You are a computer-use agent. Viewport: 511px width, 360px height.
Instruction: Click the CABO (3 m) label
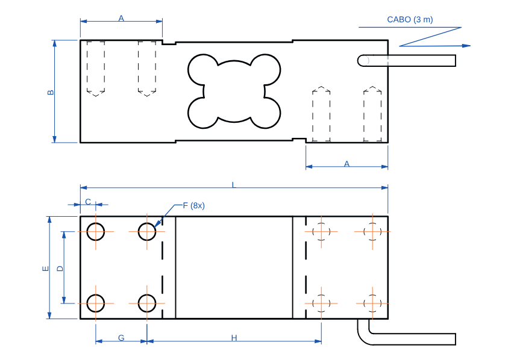[410, 19]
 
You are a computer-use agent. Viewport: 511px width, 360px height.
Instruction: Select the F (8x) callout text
[193, 206]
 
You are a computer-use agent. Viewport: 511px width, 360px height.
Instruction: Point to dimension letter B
[51, 92]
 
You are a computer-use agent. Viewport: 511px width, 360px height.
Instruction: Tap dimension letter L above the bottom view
[234, 184]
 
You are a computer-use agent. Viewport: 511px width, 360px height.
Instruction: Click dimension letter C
[88, 201]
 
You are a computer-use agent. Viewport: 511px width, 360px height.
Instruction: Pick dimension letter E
[45, 269]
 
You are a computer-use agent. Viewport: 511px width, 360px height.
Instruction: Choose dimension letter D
[60, 268]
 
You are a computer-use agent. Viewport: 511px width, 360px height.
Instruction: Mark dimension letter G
[121, 338]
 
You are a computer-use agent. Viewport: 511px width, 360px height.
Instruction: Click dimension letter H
[234, 338]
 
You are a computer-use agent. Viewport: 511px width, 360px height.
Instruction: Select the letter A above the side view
[121, 19]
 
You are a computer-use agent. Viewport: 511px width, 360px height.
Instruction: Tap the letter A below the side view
[346, 163]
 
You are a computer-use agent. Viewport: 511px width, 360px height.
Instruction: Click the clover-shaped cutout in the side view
[234, 92]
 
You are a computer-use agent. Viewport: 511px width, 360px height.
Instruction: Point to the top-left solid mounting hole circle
[96, 231]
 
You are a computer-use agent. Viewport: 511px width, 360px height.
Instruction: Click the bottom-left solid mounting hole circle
[96, 303]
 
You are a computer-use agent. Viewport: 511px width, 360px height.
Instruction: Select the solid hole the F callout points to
[147, 231]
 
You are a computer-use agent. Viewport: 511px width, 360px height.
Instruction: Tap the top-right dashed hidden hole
[372, 231]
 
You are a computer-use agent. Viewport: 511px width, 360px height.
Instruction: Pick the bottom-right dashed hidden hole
[372, 303]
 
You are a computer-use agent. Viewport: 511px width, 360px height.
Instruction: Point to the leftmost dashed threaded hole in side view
[96, 67]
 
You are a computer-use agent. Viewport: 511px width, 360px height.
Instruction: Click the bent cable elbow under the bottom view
[364, 335]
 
